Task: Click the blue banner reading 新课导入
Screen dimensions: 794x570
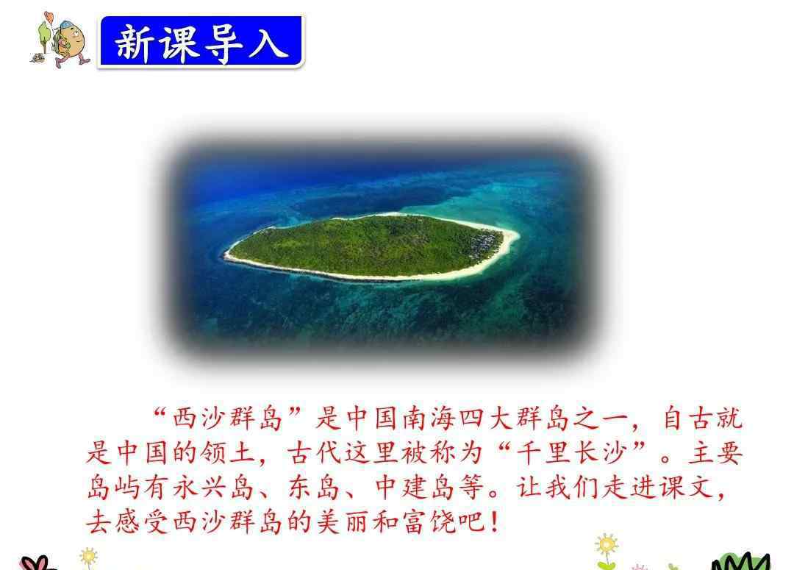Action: click(x=201, y=41)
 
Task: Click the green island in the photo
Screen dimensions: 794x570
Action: click(x=372, y=246)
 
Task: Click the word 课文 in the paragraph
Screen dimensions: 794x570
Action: click(x=686, y=488)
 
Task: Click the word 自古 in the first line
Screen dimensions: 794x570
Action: click(x=689, y=418)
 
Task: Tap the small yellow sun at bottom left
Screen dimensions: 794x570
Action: click(x=89, y=556)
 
